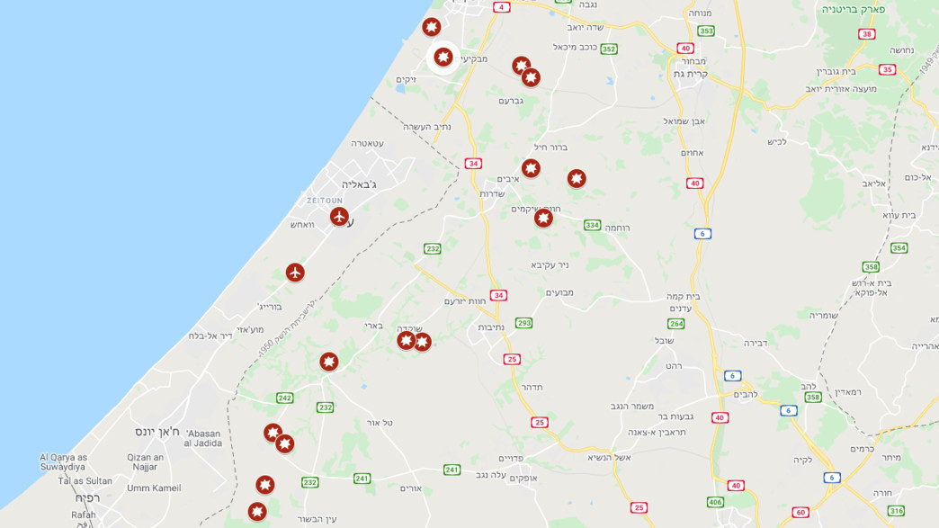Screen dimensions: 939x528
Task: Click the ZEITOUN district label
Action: pos(326,200)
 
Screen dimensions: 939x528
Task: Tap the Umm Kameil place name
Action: pos(154,488)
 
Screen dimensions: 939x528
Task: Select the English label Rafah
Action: pos(84,515)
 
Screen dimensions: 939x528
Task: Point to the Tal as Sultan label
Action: pos(85,480)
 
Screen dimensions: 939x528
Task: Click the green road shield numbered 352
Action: pos(609,49)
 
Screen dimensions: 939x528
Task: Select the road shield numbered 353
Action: pos(706,31)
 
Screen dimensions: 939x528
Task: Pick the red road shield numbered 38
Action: pos(866,34)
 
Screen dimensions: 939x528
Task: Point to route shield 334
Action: pos(592,225)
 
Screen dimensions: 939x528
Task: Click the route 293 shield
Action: pos(523,322)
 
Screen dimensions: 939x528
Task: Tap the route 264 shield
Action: pos(675,323)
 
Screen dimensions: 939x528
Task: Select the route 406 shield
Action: pos(715,502)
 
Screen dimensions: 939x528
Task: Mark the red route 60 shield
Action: pos(800,512)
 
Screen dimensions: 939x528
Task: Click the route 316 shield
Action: pos(896,510)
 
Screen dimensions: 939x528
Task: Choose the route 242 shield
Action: pos(284,398)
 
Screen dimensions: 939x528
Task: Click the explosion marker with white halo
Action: pos(443,58)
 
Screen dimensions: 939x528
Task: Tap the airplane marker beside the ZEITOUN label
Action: pos(339,216)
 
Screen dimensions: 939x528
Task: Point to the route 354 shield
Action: pos(899,247)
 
